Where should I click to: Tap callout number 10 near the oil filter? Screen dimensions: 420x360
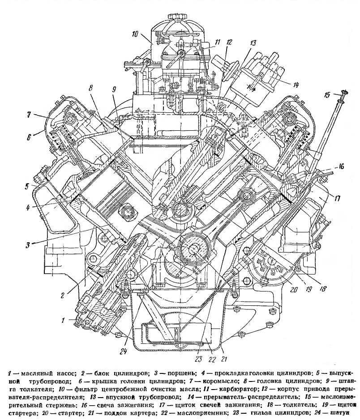pyautogui.click(x=136, y=34)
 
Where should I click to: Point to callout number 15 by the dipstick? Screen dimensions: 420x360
pyautogui.click(x=327, y=94)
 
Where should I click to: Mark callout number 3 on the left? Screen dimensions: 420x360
pyautogui.click(x=28, y=245)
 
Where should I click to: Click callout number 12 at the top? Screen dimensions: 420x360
pyautogui.click(x=229, y=43)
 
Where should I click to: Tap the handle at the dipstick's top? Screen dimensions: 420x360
pyautogui.click(x=343, y=94)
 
